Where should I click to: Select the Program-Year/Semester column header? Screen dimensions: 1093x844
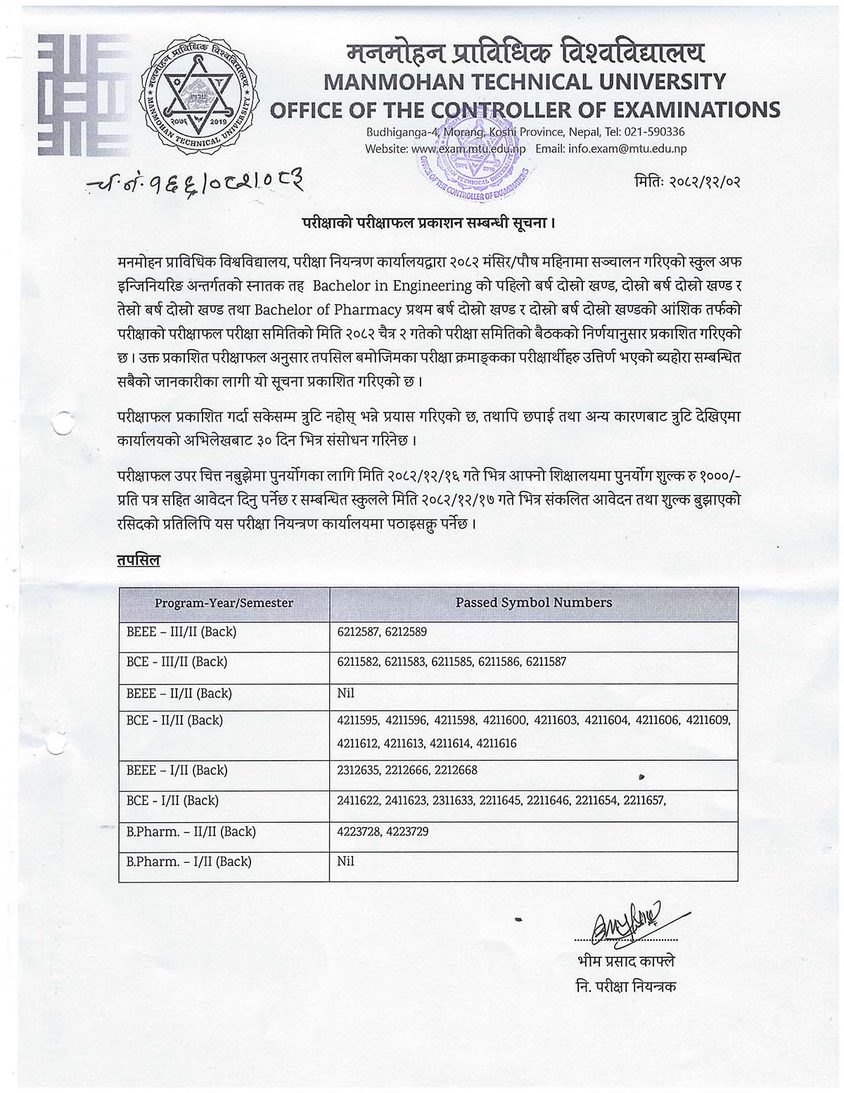pos(224,602)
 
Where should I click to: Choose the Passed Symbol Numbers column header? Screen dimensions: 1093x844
pos(533,602)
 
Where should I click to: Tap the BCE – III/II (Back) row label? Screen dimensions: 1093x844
pos(177,662)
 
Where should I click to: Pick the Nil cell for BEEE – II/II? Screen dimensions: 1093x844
pos(345,693)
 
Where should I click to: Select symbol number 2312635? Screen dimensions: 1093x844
pos(358,770)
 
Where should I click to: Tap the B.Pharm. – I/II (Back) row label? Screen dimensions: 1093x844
pos(188,861)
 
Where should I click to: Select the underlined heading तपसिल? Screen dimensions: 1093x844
pos(139,560)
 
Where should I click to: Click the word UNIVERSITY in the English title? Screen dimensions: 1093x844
pos(658,81)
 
